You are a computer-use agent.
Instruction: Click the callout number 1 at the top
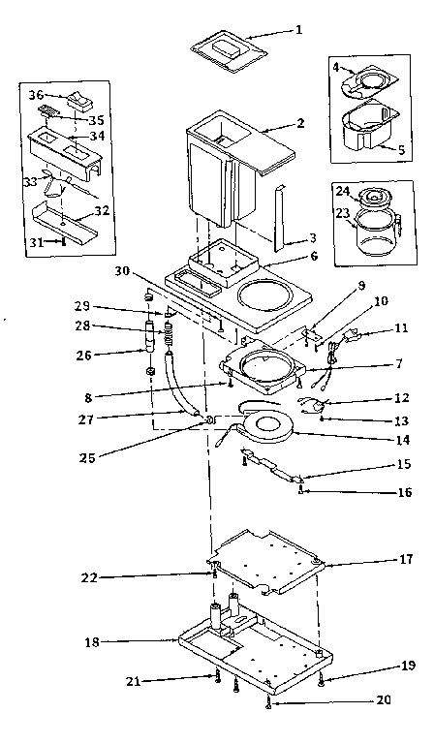(298, 29)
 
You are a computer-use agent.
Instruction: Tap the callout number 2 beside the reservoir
(301, 125)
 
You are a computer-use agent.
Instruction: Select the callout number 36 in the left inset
(36, 95)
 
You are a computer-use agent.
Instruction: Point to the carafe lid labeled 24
(370, 197)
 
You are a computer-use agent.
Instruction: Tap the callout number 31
(36, 242)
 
